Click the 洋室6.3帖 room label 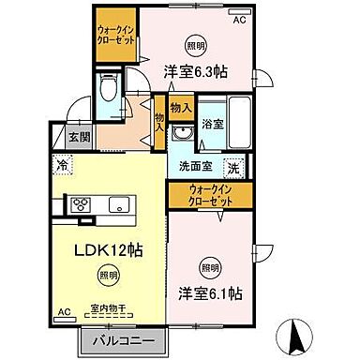tap(197, 70)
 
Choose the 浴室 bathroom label tap(212, 124)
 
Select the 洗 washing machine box tap(233, 171)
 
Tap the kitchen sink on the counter tap(120, 205)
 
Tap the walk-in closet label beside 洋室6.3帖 tap(114, 37)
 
